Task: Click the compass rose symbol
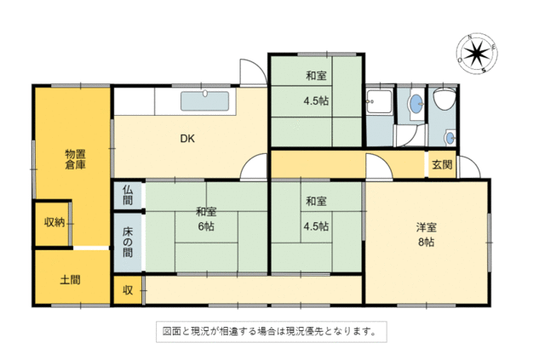click(x=477, y=54)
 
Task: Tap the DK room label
click(x=187, y=139)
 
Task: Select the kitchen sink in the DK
click(x=204, y=100)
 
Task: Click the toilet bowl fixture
click(x=445, y=98)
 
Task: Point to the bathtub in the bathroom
click(x=379, y=101)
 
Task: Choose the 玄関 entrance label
click(x=442, y=164)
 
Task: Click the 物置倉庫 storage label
click(x=76, y=159)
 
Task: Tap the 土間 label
click(x=70, y=280)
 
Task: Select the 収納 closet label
click(x=54, y=222)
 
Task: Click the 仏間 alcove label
click(x=128, y=195)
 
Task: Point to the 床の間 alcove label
click(x=128, y=243)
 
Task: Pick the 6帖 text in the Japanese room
click(x=206, y=226)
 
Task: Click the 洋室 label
click(x=426, y=227)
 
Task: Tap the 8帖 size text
click(x=426, y=242)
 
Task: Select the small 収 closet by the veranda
click(x=128, y=290)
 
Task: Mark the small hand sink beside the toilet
click(x=450, y=138)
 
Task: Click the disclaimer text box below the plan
click(x=272, y=332)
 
